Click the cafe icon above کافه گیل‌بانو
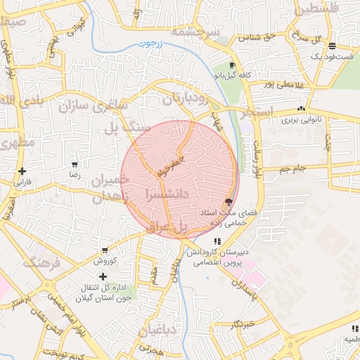point(233,65)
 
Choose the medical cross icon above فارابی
point(23,171)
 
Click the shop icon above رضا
point(74,164)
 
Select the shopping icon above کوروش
point(105,250)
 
